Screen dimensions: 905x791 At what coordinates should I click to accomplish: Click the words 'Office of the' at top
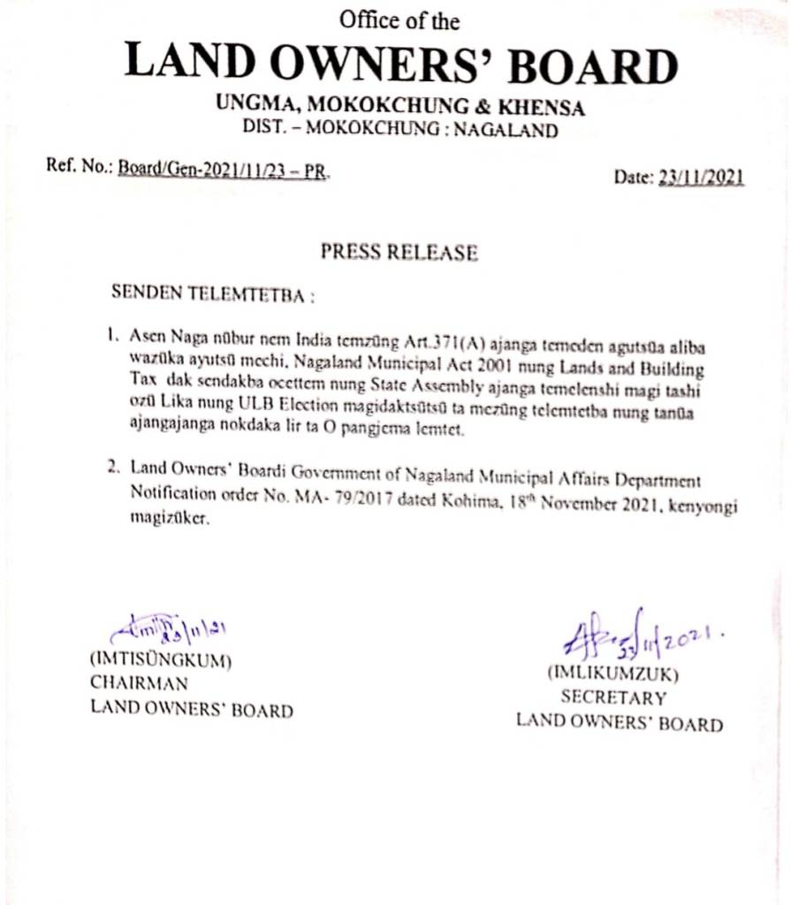[400, 19]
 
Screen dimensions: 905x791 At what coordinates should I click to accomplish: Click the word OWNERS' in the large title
[395, 66]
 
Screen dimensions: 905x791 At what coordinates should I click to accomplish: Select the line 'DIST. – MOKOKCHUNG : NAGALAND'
[400, 130]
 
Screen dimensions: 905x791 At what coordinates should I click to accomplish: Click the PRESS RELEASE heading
[399, 253]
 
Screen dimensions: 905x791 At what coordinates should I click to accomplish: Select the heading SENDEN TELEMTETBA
[213, 293]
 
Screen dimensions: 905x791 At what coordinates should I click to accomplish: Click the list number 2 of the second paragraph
[113, 468]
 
